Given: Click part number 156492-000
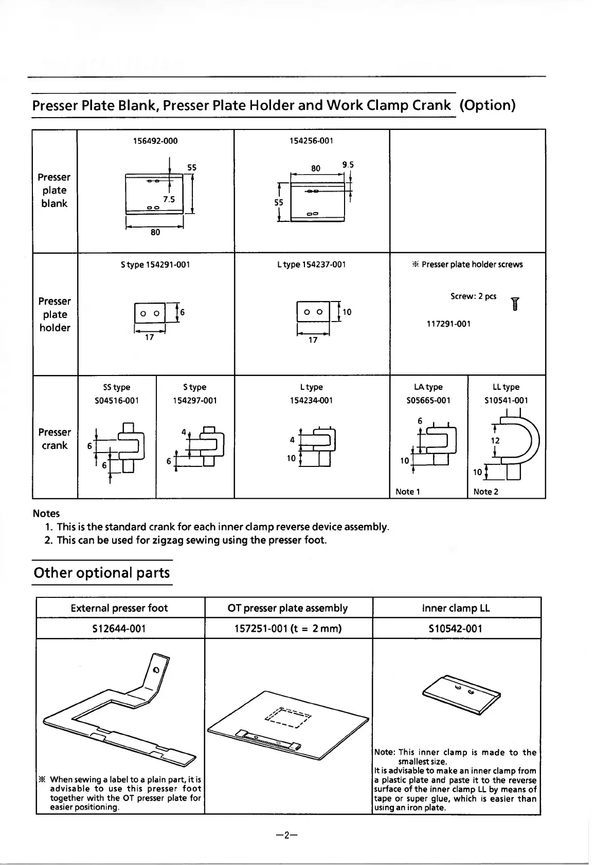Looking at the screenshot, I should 155,141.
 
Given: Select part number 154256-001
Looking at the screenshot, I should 312,141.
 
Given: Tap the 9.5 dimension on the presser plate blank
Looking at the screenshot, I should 348,165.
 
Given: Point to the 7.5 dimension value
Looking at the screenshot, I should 169,199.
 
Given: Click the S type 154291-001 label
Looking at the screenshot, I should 155,265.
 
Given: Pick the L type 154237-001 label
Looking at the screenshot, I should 311,265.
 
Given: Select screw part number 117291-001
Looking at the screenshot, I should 448,324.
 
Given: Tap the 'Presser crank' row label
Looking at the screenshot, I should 55,439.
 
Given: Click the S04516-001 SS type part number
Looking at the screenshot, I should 117,401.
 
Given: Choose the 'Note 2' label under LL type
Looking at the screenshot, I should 486,492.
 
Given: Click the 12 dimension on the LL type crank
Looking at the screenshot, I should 495,440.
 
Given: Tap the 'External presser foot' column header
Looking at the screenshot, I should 119,608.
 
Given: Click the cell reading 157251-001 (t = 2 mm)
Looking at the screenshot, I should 287,628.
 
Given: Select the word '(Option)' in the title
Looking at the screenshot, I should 487,105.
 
